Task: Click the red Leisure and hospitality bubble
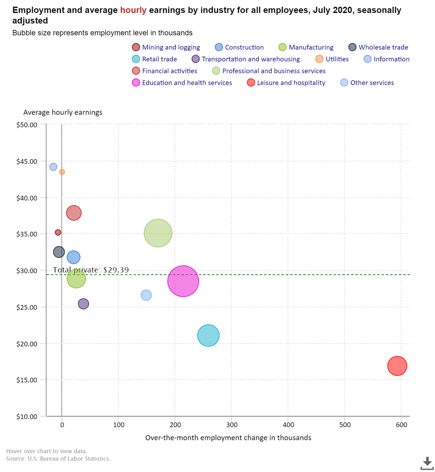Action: click(x=397, y=366)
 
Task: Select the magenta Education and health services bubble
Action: click(x=183, y=281)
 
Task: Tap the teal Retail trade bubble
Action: click(x=208, y=336)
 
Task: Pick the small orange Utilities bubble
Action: click(x=62, y=172)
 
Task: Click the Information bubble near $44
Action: click(x=53, y=167)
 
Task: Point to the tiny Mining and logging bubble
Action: click(x=58, y=233)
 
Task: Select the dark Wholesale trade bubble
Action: click(x=59, y=252)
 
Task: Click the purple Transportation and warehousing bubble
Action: click(x=83, y=304)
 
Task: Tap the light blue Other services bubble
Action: click(x=146, y=295)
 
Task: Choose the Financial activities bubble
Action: click(x=74, y=213)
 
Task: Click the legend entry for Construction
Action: click(x=244, y=47)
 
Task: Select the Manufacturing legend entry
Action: click(x=311, y=47)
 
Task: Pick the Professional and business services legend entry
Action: click(x=274, y=71)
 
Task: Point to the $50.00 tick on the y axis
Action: click(x=28, y=125)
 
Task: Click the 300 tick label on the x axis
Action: click(x=231, y=425)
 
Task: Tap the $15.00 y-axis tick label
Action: click(x=28, y=380)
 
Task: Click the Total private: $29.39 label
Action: click(x=90, y=270)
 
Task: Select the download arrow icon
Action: click(x=426, y=462)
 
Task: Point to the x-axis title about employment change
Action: click(x=228, y=438)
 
